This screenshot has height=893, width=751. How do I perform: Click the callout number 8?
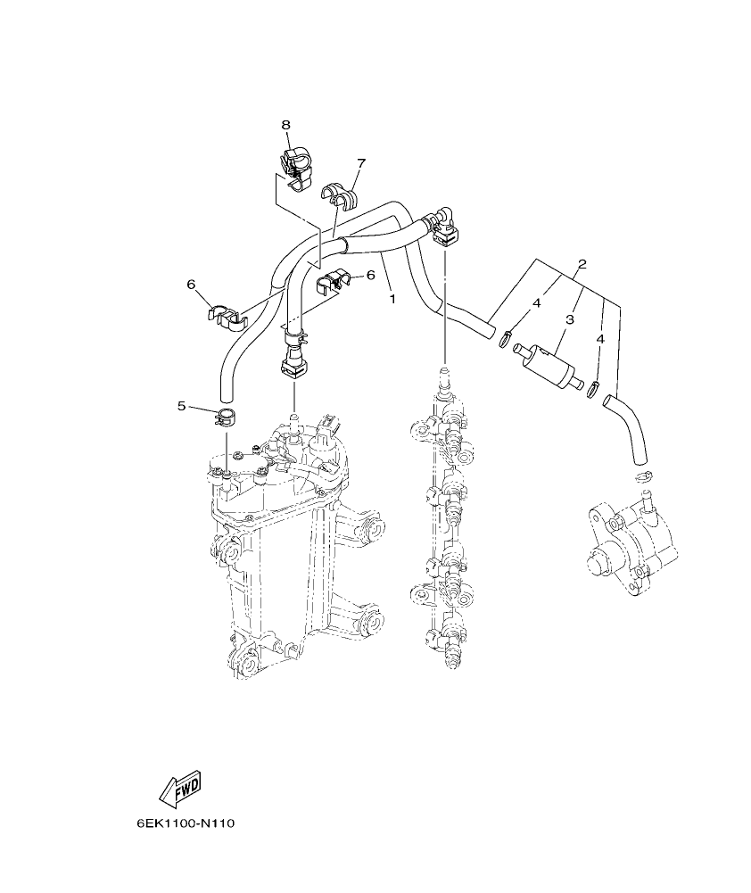[286, 125]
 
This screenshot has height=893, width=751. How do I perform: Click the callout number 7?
[361, 163]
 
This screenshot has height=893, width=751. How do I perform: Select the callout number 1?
[392, 299]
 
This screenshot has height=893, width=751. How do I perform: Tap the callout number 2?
[582, 264]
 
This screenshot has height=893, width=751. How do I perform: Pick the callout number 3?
[568, 318]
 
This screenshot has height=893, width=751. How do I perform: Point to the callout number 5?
[181, 406]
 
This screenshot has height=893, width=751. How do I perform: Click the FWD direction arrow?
[180, 786]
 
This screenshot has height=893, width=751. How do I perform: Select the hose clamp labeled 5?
[227, 415]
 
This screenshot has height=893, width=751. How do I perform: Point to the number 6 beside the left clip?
[191, 284]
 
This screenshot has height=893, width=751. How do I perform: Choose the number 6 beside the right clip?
[370, 276]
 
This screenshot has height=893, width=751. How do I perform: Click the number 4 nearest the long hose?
[537, 304]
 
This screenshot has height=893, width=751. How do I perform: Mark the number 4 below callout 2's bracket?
[600, 340]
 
